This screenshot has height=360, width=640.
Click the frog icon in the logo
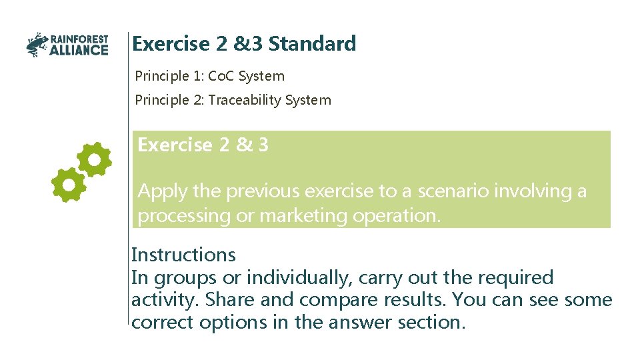(x=37, y=45)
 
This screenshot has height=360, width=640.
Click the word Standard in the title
(x=312, y=44)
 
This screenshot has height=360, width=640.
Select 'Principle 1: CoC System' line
(x=209, y=77)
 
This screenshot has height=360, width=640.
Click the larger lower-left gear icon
(x=69, y=185)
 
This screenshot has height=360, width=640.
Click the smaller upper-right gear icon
(x=94, y=159)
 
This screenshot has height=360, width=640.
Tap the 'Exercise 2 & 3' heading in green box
(x=203, y=145)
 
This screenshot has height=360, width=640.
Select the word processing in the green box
(x=179, y=216)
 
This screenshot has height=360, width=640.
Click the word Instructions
(x=183, y=255)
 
